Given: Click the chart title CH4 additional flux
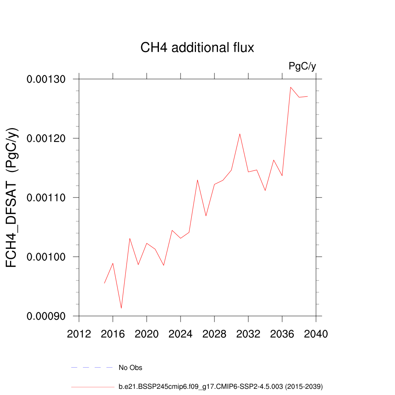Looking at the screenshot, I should [x=197, y=48].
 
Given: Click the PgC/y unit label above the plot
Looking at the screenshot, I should [x=302, y=66].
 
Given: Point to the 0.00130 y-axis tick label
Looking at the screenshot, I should [x=47, y=79].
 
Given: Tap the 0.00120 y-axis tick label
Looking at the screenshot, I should [x=47, y=138].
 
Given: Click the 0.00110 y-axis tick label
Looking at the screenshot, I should [x=47, y=197].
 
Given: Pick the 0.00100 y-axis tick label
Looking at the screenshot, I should [x=47, y=257].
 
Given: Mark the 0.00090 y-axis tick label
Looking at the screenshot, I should [x=47, y=316].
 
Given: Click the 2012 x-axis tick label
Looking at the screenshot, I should [x=79, y=334].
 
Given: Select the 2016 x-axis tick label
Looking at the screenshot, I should [x=113, y=334].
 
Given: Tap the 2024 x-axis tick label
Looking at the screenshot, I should [x=181, y=334].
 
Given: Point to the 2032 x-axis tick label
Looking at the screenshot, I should [x=248, y=334].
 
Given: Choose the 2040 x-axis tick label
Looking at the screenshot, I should [x=316, y=334].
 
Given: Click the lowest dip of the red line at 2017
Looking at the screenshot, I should [x=122, y=308].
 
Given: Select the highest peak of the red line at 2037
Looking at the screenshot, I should [x=290, y=87].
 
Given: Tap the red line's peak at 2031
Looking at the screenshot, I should [x=240, y=134].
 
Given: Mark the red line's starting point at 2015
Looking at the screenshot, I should [x=105, y=283].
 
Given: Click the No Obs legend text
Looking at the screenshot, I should [x=130, y=368].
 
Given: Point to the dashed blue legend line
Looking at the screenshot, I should [x=92, y=368].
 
